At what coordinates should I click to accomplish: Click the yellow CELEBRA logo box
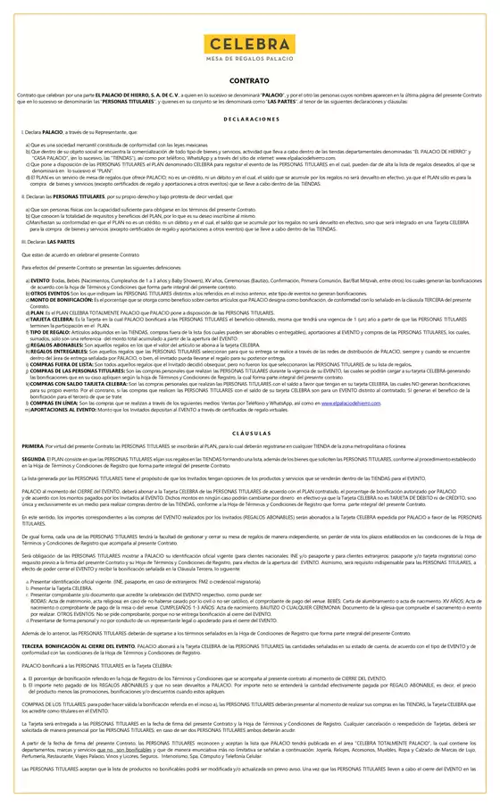click(249, 44)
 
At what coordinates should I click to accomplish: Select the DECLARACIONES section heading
click(249, 118)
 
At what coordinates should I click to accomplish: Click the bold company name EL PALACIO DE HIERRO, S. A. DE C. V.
click(136, 94)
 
